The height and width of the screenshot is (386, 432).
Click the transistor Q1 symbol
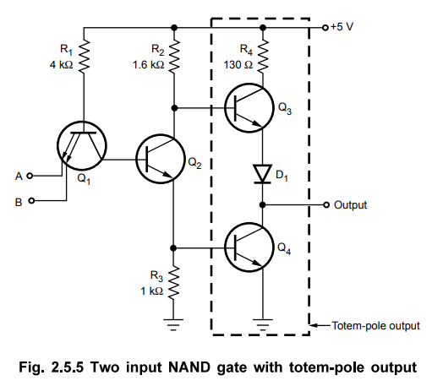click(82, 146)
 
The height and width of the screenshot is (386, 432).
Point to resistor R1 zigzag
click(84, 57)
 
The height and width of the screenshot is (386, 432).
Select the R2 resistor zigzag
click(174, 57)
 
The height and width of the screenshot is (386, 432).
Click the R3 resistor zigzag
click(173, 282)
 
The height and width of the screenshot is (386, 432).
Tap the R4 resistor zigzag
click(263, 57)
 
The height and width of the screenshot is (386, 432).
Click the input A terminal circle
click(30, 176)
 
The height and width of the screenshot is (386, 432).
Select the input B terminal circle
click(32, 201)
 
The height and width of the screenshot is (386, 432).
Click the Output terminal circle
click(326, 204)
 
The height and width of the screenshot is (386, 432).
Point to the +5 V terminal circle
click(325, 28)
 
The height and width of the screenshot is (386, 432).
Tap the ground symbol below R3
click(173, 324)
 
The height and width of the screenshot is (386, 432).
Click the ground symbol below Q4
click(263, 324)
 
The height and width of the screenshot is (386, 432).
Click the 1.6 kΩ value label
click(148, 65)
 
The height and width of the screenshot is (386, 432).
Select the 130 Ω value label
click(238, 65)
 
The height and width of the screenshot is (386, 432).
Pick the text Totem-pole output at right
click(376, 326)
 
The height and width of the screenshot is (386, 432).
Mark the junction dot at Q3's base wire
click(174, 108)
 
